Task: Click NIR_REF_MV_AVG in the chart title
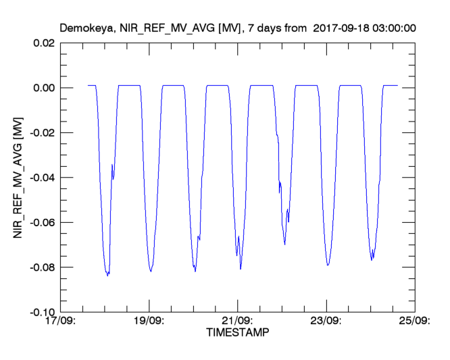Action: tap(159, 28)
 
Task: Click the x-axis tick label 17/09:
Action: tap(61, 321)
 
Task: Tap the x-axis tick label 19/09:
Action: tap(150, 321)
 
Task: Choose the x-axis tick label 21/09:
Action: tap(239, 321)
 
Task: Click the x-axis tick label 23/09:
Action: tap(327, 321)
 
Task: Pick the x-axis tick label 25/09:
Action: tap(415, 321)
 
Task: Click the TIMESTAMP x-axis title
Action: tap(238, 333)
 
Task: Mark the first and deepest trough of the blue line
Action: tap(107, 275)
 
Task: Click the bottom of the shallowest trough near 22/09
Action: tap(284, 244)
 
